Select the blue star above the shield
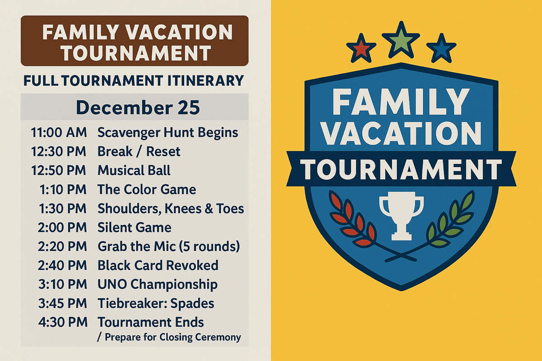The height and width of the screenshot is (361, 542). [440, 49]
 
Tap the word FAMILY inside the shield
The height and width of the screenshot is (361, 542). [401, 102]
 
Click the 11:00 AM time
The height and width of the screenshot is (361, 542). [59, 133]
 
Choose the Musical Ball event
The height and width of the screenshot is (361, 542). [134, 170]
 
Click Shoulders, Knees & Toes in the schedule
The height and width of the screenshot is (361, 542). [171, 208]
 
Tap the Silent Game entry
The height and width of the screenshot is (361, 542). [134, 227]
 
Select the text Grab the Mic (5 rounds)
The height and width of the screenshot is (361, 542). [168, 246]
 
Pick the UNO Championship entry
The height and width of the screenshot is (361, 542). [157, 284]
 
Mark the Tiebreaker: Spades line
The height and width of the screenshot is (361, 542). [156, 303]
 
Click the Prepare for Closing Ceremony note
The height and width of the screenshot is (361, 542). [169, 337]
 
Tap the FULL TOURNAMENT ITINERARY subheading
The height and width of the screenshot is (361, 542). [134, 81]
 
